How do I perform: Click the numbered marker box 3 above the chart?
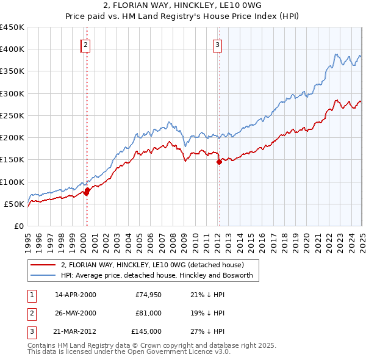[x=218, y=44]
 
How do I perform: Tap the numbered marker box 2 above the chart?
[x=86, y=44]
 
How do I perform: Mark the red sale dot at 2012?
[x=218, y=162]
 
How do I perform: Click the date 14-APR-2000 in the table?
[x=76, y=295]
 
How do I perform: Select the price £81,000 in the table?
[x=149, y=314]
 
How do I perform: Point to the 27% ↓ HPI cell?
[x=207, y=332]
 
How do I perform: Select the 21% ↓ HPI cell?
[x=207, y=295]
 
